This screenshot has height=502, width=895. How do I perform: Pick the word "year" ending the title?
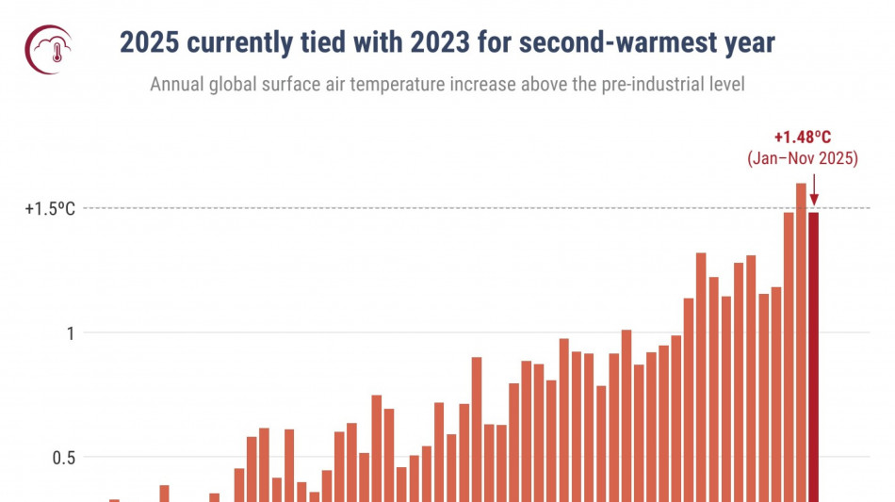point(748,43)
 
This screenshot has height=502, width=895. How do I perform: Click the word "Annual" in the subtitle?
point(176,85)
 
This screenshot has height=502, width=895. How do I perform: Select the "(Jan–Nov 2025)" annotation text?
point(803,159)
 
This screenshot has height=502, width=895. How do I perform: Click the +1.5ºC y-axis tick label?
point(49,208)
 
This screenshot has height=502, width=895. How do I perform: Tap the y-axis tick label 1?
point(69,332)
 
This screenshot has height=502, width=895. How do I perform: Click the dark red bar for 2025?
point(814,358)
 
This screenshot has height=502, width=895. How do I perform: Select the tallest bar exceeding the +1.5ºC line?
point(801,339)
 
